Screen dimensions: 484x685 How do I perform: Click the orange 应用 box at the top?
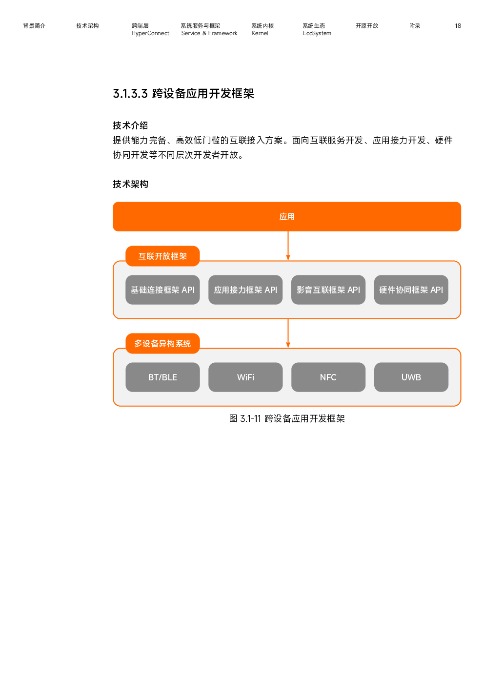coord(286,216)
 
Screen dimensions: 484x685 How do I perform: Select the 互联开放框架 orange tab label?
coord(162,256)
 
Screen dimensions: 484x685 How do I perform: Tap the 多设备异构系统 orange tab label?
coord(162,343)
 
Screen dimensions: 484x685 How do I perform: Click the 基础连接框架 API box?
coord(162,290)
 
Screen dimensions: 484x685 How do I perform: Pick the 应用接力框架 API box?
coord(245,290)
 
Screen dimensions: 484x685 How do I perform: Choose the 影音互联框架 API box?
coord(328,290)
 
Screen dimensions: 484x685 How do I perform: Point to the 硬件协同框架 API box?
coord(411,290)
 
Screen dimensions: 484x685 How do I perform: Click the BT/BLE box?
coord(162,377)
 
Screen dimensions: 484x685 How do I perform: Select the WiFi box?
coord(245,377)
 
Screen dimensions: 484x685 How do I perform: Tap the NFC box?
coord(328,377)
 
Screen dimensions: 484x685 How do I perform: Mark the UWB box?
coord(411,377)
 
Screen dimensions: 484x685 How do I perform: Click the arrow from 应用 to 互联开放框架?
coord(288,246)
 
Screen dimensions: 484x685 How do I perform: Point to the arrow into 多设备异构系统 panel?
coord(288,333)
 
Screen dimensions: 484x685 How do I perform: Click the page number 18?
coord(458,26)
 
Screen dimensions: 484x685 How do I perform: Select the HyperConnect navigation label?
coord(150,33)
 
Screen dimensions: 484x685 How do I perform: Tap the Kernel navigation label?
coord(260,33)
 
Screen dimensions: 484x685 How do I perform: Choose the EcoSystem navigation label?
coord(317,33)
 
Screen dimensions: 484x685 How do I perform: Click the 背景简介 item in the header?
coord(34,26)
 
